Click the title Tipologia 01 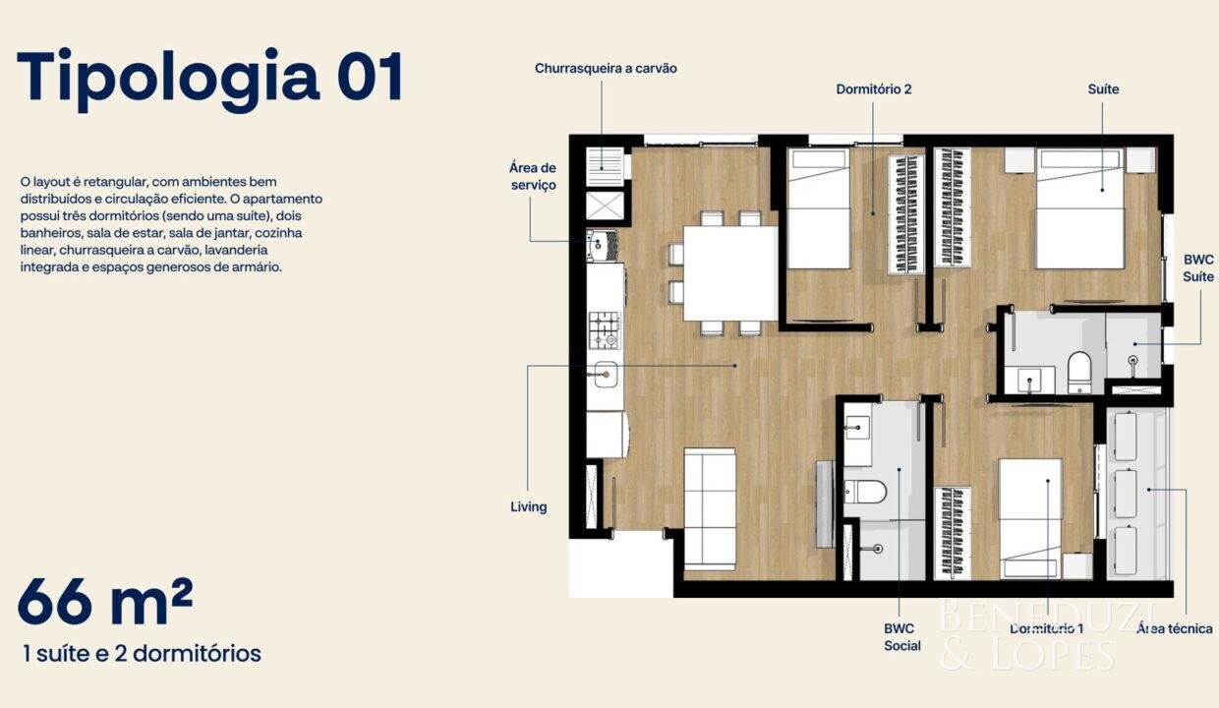[x=210, y=80]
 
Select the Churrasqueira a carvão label [x=606, y=69]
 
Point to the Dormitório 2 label [x=873, y=89]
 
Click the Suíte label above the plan [x=1103, y=89]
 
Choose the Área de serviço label [x=533, y=176]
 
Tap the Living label [x=529, y=506]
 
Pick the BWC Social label [x=901, y=637]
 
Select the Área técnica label [x=1175, y=628]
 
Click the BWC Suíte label [x=1197, y=267]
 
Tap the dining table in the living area [x=730, y=273]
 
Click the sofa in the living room [x=710, y=508]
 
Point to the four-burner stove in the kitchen [x=606, y=330]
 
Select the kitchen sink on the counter [x=606, y=375]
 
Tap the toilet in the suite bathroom [x=1079, y=373]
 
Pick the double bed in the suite [x=1079, y=208]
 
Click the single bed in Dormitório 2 [x=819, y=208]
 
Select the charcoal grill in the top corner [x=605, y=167]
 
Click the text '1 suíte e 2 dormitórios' [x=142, y=654]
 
